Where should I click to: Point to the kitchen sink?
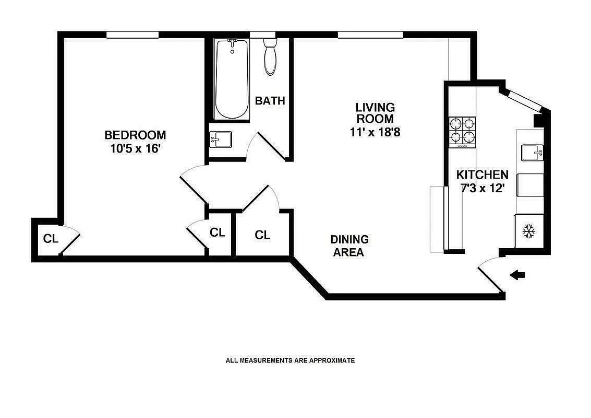[532, 153]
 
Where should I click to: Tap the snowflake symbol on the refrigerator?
[529, 231]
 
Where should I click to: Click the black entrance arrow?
[517, 275]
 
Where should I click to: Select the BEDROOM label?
[135, 135]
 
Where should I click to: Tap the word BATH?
[270, 101]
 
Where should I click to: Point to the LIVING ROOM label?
[375, 113]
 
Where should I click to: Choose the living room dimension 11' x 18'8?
[375, 132]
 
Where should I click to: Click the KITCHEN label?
[482, 175]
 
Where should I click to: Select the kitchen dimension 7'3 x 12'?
[482, 189]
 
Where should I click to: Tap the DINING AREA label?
[349, 246]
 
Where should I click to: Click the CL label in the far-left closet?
[51, 239]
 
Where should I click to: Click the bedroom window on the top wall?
[132, 35]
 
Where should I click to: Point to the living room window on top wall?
[370, 35]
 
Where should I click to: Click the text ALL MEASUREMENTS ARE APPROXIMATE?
[290, 360]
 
